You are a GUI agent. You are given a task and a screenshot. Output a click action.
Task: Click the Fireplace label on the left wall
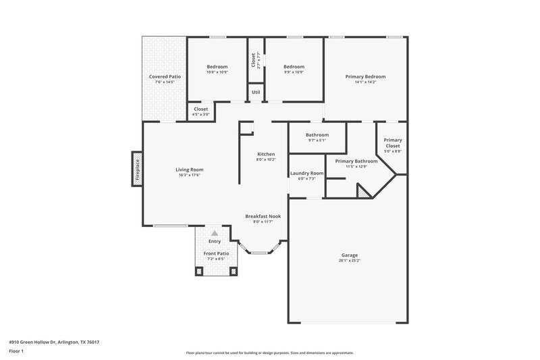[x=136, y=168]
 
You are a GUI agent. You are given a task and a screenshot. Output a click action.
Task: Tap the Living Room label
[x=190, y=170]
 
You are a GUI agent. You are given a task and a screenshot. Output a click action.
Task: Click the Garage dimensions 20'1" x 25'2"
[x=350, y=260]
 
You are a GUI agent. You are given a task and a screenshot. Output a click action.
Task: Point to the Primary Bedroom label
[x=365, y=76]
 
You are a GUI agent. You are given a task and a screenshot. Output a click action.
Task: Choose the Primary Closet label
[x=393, y=143]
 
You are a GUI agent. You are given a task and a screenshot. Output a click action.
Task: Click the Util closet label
[x=256, y=92]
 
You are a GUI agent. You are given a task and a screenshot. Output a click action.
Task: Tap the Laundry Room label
[x=307, y=173]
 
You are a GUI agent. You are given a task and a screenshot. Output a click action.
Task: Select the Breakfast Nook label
[x=263, y=216]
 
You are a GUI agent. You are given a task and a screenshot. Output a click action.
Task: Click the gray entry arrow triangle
[x=215, y=232]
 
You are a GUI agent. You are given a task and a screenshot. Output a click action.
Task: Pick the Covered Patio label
[x=165, y=76]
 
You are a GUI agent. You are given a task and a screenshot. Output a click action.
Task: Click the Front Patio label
[x=216, y=253]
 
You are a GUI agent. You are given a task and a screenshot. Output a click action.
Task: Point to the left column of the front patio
[x=199, y=271]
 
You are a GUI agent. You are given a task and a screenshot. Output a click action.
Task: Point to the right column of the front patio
[x=234, y=271]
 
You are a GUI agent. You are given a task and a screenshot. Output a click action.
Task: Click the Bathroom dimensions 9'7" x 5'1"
[x=317, y=140]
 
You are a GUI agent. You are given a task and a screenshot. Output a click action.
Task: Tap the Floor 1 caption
[x=16, y=351]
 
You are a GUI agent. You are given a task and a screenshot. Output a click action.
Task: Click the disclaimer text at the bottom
[x=269, y=353]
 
